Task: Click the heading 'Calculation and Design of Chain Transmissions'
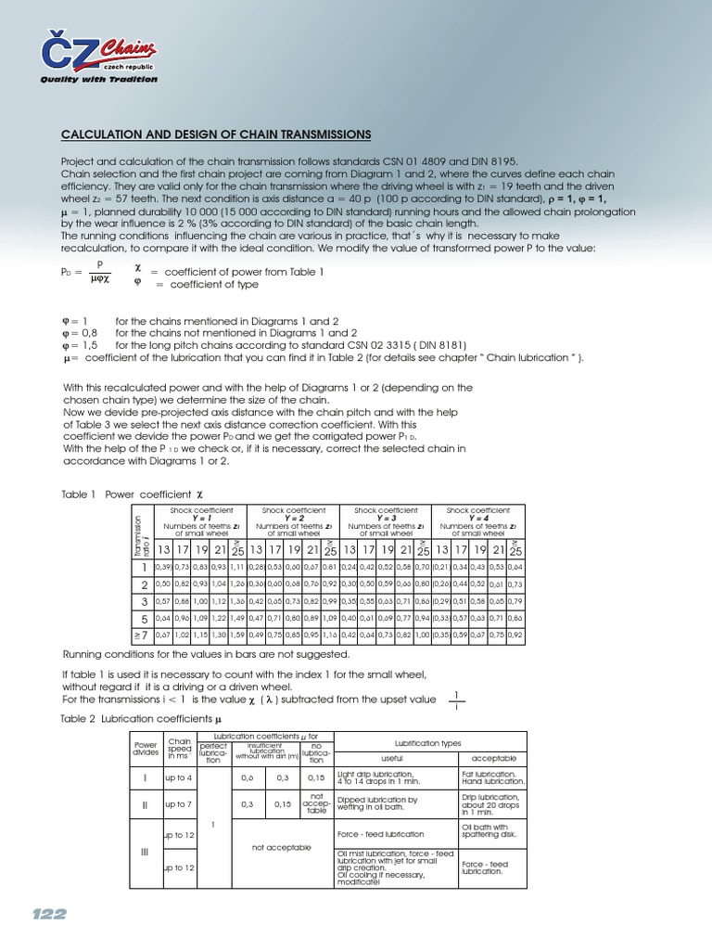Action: pyautogui.click(x=216, y=135)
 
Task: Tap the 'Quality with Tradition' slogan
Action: pyautogui.click(x=98, y=80)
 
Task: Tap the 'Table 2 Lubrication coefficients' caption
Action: pyautogui.click(x=144, y=719)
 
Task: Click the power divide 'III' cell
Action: pyautogui.click(x=145, y=852)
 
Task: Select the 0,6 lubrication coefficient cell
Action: pyautogui.click(x=247, y=777)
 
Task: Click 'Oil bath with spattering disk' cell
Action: pyautogui.click(x=491, y=830)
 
